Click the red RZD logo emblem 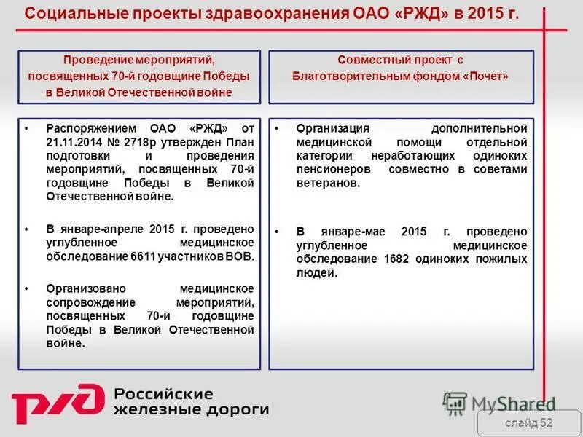point(57,403)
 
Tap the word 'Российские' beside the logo point(163,394)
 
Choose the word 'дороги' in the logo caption point(241,409)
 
